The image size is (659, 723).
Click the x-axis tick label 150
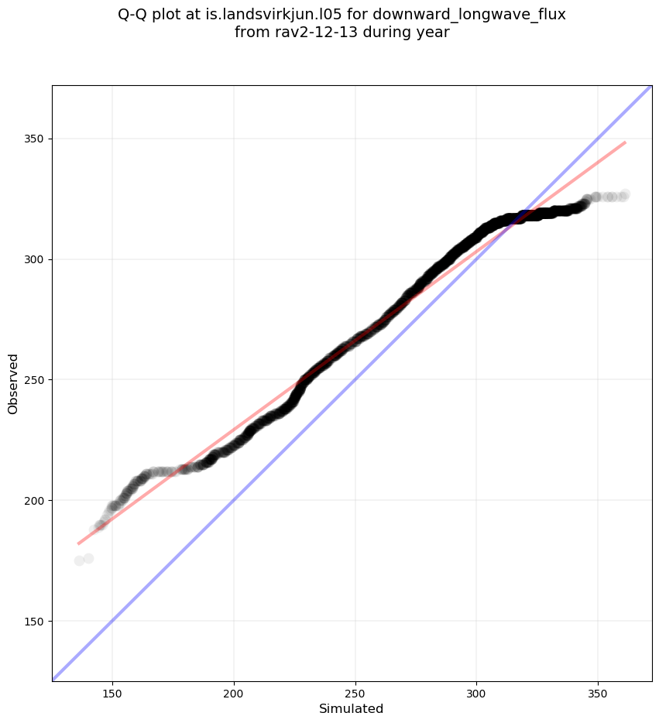coord(112,692)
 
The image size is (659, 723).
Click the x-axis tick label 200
coord(234,692)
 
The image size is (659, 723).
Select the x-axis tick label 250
coord(355,692)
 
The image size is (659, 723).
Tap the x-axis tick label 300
coord(476,692)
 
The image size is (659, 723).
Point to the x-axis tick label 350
coord(598,692)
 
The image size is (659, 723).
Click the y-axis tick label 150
coord(35,621)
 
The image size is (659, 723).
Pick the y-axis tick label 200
coord(35,500)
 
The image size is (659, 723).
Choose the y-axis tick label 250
coord(35,380)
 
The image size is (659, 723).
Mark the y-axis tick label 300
coord(35,259)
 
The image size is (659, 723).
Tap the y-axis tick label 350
coord(35,139)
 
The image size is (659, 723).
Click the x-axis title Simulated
coord(352,708)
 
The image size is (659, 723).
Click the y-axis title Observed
coord(13,383)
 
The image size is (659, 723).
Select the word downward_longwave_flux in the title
coord(479,15)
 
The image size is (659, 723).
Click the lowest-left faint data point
coord(79,560)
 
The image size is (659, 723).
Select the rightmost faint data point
coord(624,194)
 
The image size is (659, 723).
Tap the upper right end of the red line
coord(625,142)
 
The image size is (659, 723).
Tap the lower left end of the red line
coord(78,543)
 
